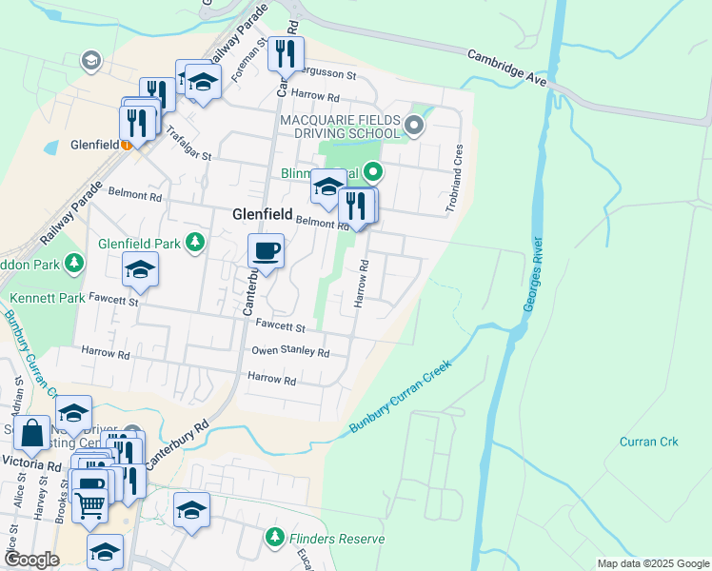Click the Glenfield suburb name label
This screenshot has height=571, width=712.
coord(261,215)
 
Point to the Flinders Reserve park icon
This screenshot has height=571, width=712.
coord(275,538)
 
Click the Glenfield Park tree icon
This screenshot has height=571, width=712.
coord(195,243)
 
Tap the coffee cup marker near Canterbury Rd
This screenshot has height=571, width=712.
coord(266,252)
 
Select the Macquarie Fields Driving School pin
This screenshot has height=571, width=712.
coord(413,125)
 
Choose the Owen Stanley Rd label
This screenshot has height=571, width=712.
coord(290,352)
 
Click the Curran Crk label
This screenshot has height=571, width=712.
coord(648,442)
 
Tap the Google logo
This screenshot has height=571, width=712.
coord(31,561)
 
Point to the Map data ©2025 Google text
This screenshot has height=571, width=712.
coord(652,563)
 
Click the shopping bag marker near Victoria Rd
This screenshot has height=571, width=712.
coord(31,433)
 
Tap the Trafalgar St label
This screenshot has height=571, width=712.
coord(188,143)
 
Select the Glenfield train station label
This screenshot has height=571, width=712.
coord(95,146)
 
